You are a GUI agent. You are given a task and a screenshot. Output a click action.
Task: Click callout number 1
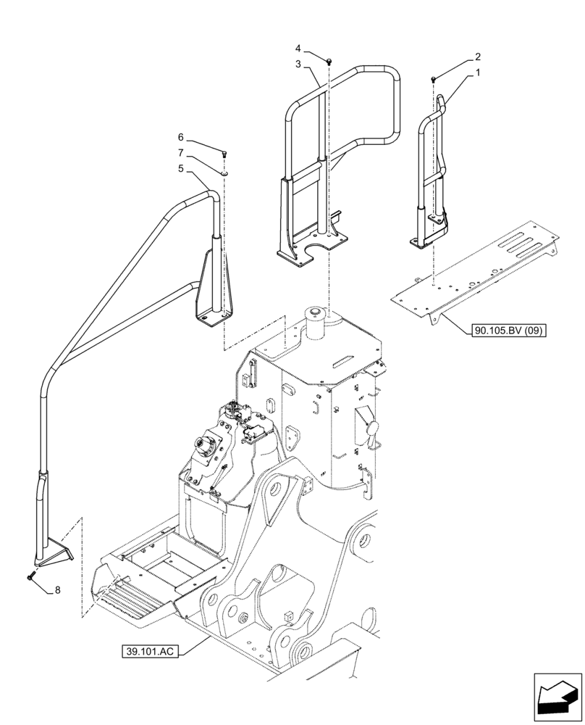pos(477,73)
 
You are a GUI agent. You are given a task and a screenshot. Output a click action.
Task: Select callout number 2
pos(477,56)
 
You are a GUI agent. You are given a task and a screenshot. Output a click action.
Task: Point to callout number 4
pos(298,48)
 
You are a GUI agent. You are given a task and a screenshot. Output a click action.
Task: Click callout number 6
pos(182,136)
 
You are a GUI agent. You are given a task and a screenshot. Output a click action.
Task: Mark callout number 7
pos(182,153)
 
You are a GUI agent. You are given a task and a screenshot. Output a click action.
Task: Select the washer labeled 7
pos(224,174)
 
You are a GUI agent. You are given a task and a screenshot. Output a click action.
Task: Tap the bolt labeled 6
pos(224,153)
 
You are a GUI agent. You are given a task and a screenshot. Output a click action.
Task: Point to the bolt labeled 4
pos(329,62)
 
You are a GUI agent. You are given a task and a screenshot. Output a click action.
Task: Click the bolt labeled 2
pos(433,78)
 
